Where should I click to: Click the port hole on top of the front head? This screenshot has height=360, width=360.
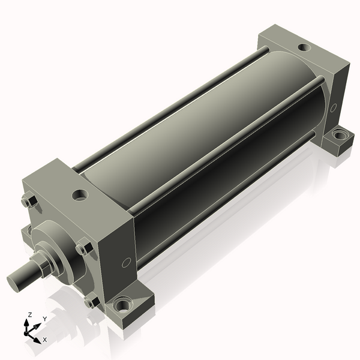point(79,195)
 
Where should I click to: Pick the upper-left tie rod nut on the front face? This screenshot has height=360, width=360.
point(26,202)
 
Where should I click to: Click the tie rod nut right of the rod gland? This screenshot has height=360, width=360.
point(83,248)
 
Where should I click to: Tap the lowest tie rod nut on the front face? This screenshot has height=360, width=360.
point(91,302)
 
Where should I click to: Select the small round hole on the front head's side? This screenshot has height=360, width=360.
point(126,262)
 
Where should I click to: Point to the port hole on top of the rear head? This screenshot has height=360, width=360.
point(304,47)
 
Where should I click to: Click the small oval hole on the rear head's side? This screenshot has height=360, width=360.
point(333,108)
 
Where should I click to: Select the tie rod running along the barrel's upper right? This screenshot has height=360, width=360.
point(228,137)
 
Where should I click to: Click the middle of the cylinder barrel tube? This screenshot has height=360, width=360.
point(204,138)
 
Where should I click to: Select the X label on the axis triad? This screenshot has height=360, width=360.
point(44,340)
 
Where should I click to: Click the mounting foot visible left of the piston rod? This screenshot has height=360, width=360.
point(25,231)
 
